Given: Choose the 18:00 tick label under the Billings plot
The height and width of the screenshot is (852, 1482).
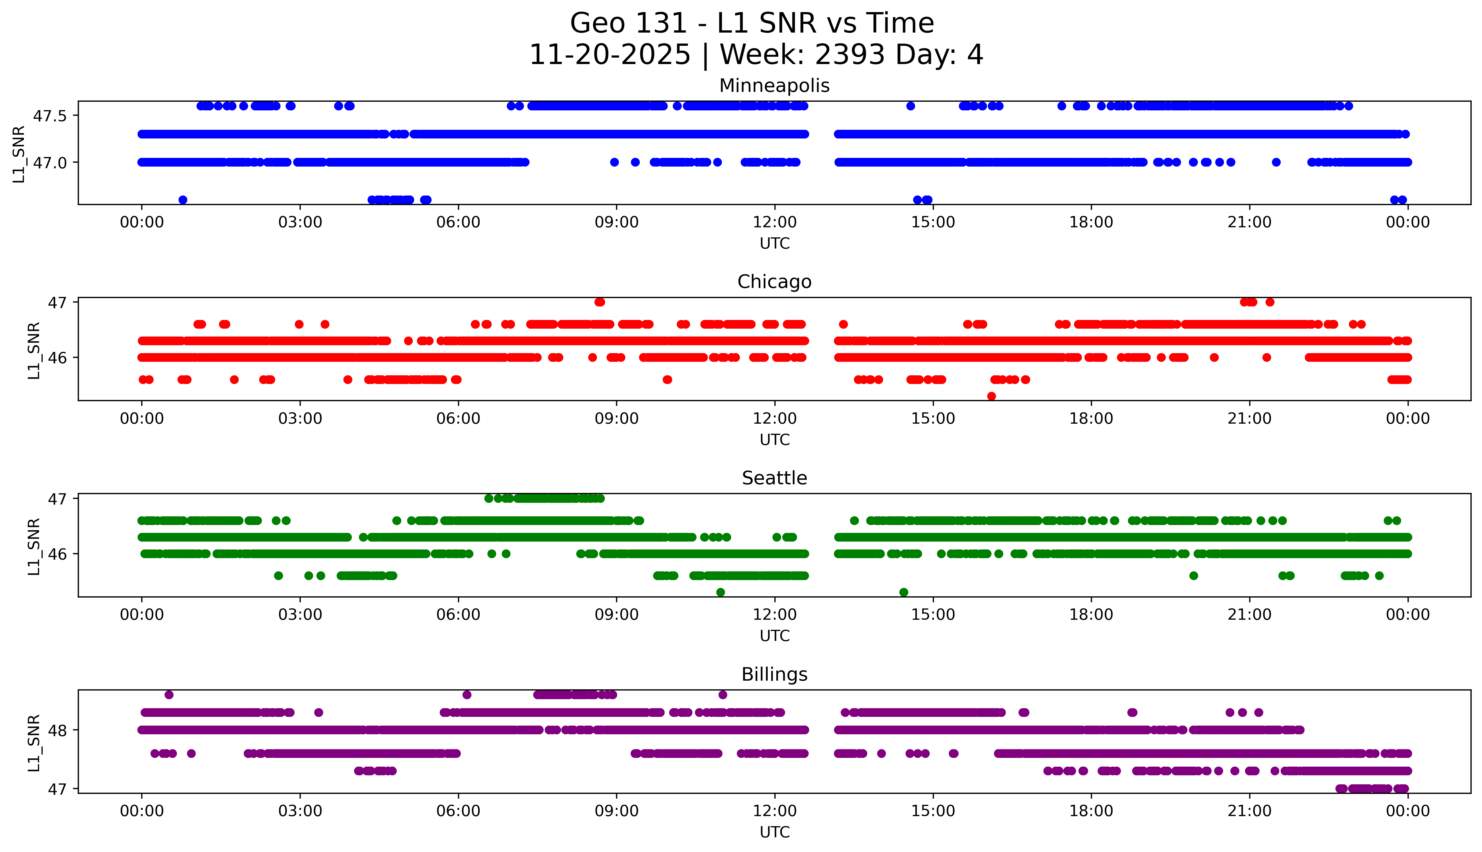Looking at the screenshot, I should tap(1091, 811).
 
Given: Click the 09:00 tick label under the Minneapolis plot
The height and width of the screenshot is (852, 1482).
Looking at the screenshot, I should tap(616, 222).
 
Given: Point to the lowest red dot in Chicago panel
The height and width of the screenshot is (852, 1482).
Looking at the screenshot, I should tap(991, 396).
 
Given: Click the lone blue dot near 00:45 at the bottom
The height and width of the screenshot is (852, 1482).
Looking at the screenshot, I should tap(183, 199).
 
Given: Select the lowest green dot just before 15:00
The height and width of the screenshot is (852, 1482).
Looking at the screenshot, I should tap(904, 592).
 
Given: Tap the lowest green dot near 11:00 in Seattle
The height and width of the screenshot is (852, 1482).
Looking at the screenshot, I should tap(721, 592).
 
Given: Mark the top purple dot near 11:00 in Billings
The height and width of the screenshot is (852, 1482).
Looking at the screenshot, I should tap(723, 695).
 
